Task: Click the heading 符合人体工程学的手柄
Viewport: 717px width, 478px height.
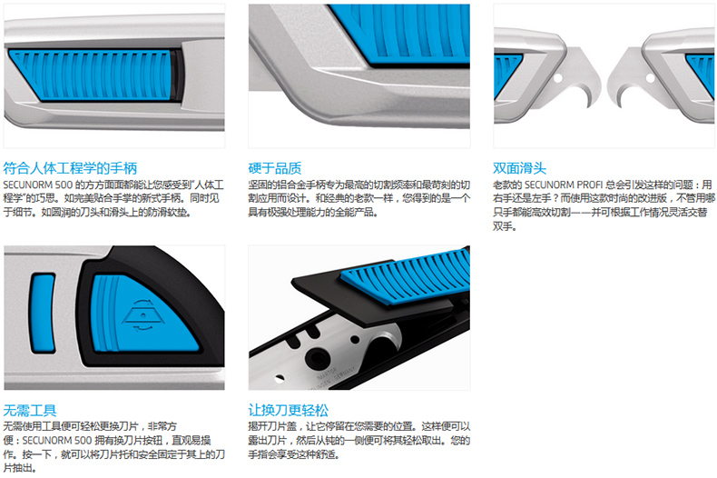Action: click(x=70, y=168)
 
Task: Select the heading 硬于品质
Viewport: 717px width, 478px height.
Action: click(x=275, y=168)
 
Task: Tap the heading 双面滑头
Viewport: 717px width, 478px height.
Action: click(x=519, y=168)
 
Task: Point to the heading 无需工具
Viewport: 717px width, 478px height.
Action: click(x=30, y=410)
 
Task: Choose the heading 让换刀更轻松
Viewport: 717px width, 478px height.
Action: click(x=288, y=410)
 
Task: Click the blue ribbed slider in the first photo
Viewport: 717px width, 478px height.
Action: click(x=92, y=75)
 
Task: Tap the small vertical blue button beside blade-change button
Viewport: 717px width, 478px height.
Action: click(x=43, y=313)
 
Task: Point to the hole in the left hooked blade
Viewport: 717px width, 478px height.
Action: click(x=558, y=79)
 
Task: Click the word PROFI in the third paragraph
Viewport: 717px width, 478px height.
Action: click(x=590, y=185)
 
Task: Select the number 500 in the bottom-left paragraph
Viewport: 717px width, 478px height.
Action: click(x=83, y=441)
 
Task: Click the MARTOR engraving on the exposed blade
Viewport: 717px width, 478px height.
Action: click(x=327, y=373)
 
